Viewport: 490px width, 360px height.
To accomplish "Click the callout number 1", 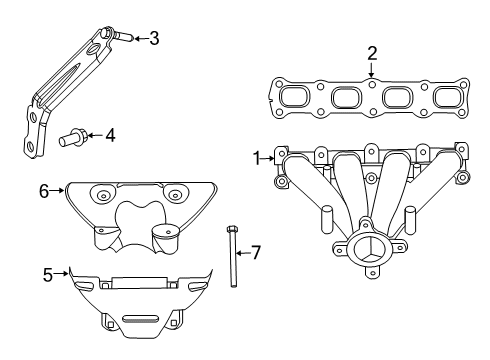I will click(257, 157).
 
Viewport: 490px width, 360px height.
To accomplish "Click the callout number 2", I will click(371, 53).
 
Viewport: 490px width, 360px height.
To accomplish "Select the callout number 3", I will click(153, 39).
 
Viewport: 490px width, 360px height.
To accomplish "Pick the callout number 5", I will click(48, 272).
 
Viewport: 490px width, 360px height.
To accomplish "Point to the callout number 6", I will click(44, 189).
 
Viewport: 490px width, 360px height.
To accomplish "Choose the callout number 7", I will click(255, 253).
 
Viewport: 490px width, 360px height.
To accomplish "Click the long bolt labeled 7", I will click(232, 257).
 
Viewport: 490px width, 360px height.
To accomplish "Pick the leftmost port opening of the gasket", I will click(296, 97).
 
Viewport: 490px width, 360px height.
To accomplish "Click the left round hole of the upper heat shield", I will click(103, 193).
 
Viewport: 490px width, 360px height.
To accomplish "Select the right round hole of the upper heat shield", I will click(177, 193).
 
